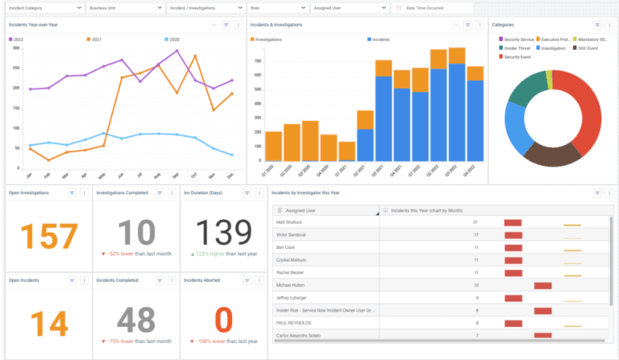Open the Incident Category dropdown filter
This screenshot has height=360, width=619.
point(44,8)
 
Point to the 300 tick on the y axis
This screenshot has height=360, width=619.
point(16,48)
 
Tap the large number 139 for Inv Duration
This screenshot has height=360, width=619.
point(222,234)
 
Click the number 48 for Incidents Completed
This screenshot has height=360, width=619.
point(135,319)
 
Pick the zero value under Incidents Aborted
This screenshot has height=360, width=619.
point(222,319)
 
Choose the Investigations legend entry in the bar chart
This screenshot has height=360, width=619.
point(269,39)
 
